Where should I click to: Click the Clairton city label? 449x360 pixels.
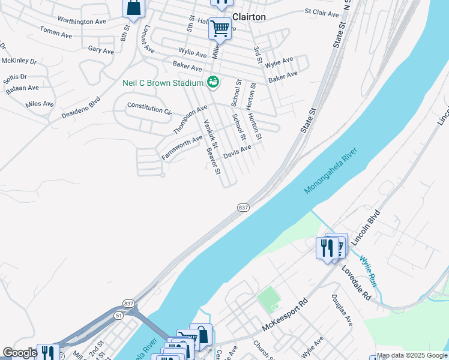tap(249, 17)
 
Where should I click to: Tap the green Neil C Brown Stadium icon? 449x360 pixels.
tap(212, 82)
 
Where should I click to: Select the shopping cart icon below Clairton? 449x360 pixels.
tap(220, 28)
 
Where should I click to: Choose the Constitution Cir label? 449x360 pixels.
tap(149, 109)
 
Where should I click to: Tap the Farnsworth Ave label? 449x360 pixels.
tap(182, 148)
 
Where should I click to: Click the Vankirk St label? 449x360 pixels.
tap(210, 135)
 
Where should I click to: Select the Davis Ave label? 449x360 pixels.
tap(237, 152)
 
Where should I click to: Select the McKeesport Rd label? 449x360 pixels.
tap(285, 316)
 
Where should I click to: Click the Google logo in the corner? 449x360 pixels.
tap(19, 353)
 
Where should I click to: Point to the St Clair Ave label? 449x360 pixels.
tap(322, 11)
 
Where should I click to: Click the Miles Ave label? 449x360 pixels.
tap(40, 104)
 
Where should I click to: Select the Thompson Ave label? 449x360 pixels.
tap(190, 119)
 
